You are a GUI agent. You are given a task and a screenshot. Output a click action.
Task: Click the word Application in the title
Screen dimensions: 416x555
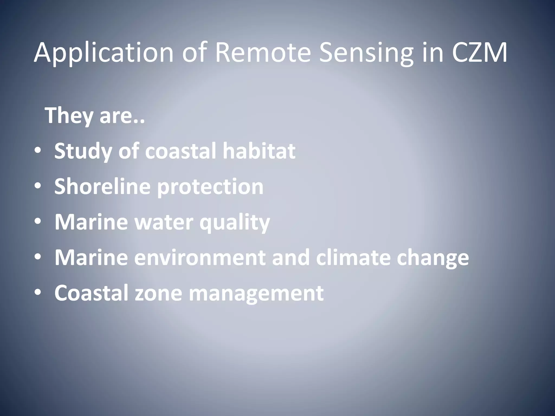pyautogui.click(x=103, y=53)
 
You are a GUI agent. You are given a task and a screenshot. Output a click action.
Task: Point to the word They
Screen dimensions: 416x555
pyautogui.click(x=70, y=116)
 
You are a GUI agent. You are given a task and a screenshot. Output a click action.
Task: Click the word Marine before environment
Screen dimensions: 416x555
pyautogui.click(x=91, y=258)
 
